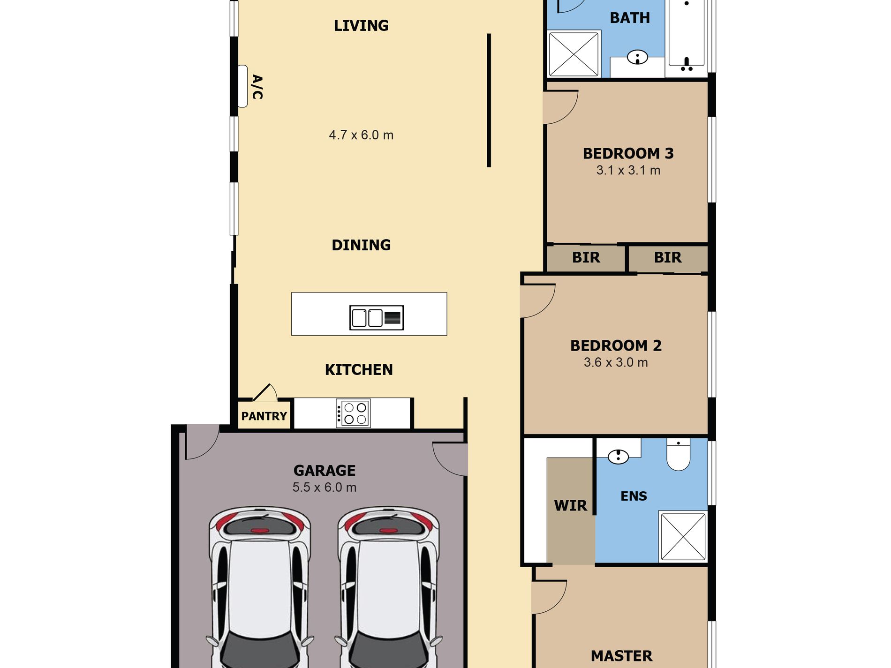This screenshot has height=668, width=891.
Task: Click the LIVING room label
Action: click(361, 25)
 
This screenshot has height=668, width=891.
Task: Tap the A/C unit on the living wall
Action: click(242, 86)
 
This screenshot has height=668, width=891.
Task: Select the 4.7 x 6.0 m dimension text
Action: click(361, 135)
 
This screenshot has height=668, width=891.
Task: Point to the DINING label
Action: click(361, 245)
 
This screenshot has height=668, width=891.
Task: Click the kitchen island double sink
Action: click(376, 317)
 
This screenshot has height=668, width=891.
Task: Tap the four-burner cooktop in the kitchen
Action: click(354, 413)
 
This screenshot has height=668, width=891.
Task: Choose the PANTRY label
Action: click(264, 416)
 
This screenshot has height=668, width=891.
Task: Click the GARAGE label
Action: click(325, 470)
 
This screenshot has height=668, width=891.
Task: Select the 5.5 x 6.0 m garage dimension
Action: click(325, 488)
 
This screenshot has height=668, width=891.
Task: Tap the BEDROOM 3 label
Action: click(628, 153)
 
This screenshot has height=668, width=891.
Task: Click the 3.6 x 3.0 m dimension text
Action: click(616, 362)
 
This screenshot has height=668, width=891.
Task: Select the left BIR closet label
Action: click(586, 257)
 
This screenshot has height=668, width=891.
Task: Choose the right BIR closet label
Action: click(668, 257)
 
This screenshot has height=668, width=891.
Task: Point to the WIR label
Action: click(570, 505)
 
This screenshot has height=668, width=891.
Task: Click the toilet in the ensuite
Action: click(678, 454)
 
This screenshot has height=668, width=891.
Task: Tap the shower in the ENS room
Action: click(683, 536)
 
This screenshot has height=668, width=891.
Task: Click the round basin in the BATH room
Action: click(637, 57)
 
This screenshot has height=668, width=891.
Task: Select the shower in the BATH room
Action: click(574, 53)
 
